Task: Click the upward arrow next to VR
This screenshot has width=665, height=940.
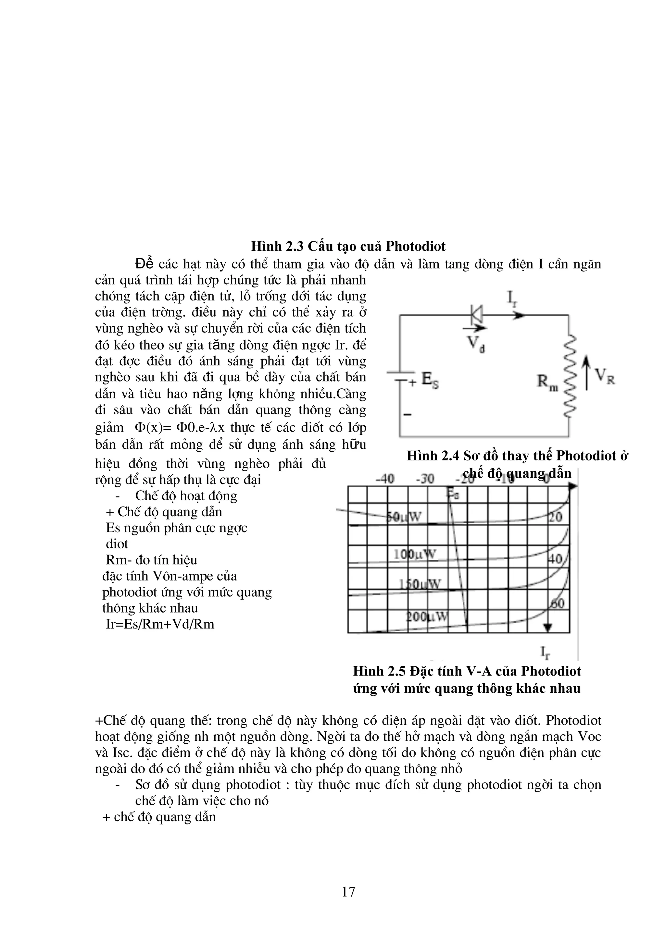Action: click(x=587, y=372)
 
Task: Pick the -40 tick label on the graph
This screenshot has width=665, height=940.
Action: click(x=384, y=479)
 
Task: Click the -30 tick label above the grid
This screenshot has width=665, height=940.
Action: click(x=425, y=479)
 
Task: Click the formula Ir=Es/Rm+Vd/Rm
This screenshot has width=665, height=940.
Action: click(x=160, y=624)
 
